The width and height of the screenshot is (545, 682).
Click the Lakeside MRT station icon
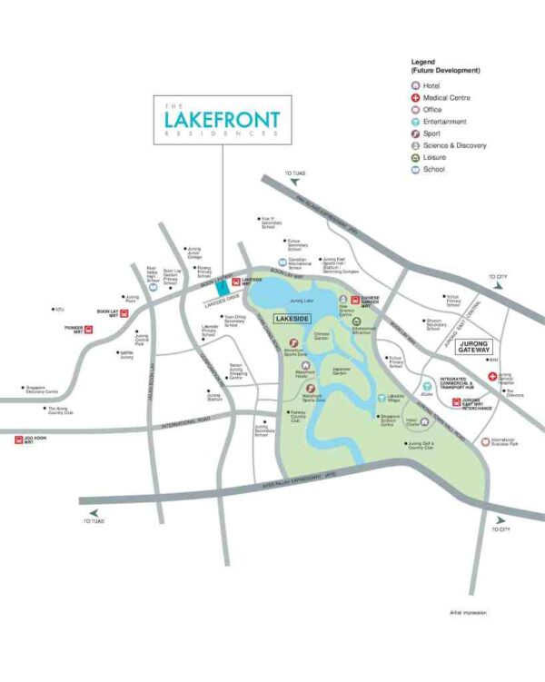(x=235, y=282)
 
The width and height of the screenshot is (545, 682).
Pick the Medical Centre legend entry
(x=440, y=98)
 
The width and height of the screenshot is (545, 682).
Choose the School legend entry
(x=429, y=169)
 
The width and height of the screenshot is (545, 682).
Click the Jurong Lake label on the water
(x=301, y=299)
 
